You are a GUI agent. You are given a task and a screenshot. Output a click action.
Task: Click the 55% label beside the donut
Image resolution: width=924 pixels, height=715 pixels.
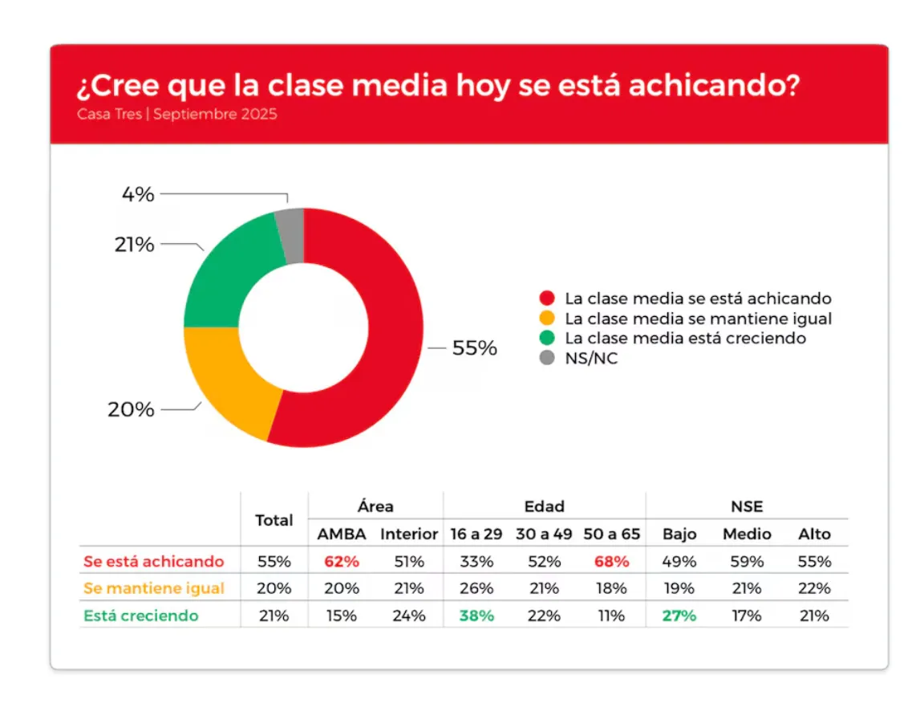click(x=474, y=349)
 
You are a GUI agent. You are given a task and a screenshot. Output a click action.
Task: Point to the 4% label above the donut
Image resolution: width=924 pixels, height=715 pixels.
click(x=138, y=194)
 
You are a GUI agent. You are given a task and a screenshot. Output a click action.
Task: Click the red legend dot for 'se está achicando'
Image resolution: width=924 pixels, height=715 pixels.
click(x=548, y=299)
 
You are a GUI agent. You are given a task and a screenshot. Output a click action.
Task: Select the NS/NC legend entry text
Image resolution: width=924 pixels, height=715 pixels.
click(x=591, y=359)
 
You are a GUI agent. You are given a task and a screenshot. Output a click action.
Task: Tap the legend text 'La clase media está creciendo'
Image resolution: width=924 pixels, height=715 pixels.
click(x=685, y=339)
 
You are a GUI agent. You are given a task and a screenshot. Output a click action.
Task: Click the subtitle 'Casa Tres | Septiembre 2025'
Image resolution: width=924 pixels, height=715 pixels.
click(x=177, y=114)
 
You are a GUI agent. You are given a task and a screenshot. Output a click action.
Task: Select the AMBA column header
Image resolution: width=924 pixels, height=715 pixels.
click(x=341, y=534)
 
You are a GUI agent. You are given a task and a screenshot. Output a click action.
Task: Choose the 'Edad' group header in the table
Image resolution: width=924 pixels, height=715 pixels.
click(x=544, y=506)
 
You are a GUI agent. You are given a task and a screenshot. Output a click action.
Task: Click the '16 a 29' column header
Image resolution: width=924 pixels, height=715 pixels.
click(x=476, y=534)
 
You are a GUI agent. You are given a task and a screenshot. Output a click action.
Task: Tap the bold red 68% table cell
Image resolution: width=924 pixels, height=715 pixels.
click(x=611, y=562)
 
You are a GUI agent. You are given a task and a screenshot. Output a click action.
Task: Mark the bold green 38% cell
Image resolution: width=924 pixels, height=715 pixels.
click(x=476, y=616)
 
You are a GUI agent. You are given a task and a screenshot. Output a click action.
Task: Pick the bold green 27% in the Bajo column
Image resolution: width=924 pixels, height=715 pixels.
click(x=679, y=616)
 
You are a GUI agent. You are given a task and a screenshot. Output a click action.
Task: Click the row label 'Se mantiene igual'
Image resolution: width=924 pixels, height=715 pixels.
click(x=154, y=589)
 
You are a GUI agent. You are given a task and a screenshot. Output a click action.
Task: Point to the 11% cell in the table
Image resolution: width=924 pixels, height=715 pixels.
click(x=611, y=616)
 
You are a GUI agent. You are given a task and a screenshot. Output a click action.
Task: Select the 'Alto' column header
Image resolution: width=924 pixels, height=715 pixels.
click(x=814, y=534)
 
